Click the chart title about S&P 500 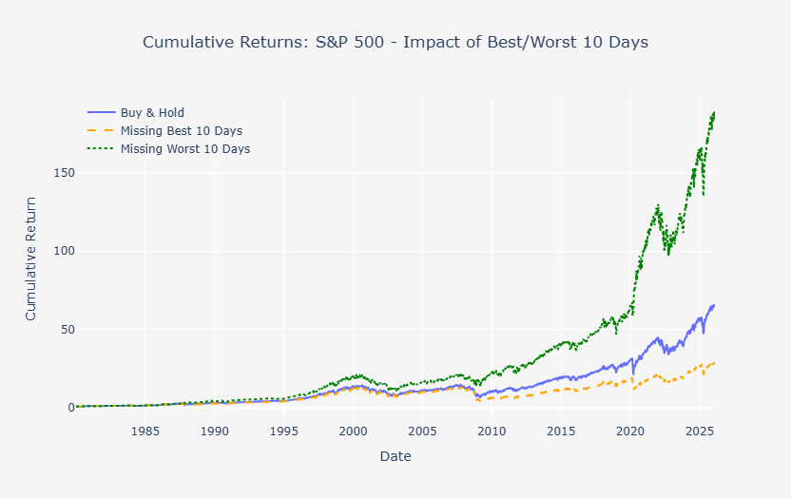point(395,43)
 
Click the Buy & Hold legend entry point(159,113)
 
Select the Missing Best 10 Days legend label point(187,131)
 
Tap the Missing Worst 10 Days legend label point(191,149)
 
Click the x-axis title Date point(395,457)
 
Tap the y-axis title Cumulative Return point(30,258)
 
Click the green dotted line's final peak point(714,112)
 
